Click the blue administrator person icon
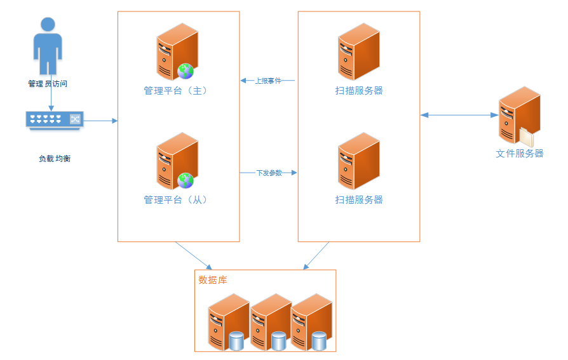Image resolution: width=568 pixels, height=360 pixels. tap(48, 46)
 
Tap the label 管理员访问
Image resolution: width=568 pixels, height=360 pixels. tap(48, 83)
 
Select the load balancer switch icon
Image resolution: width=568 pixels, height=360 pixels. tap(54, 119)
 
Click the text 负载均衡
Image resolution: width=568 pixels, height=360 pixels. tap(55, 158)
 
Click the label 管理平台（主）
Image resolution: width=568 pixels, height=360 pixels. tap(176, 91)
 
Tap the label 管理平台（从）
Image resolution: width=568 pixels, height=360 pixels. tap(176, 199)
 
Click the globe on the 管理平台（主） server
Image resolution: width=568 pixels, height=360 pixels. tap(186, 71)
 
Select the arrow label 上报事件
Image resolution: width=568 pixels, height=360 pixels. tap(268, 81)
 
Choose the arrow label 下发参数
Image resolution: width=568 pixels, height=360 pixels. tap(269, 173)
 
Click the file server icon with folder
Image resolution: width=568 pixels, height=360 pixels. tap(518, 117)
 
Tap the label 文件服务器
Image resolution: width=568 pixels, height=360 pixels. tap(520, 154)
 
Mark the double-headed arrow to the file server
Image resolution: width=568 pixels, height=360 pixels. tap(459, 115)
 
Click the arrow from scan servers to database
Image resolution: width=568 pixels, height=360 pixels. tap(316, 256)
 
